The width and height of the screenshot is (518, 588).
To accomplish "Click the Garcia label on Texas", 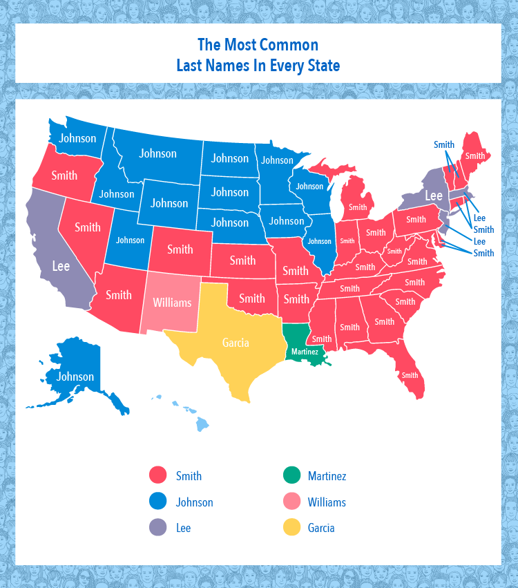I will coord(236,342).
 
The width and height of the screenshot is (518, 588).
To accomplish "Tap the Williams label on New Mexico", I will coord(172,302).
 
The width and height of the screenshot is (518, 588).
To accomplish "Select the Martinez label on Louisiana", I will coord(305,352).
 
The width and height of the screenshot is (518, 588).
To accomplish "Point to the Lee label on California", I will coord(61,266).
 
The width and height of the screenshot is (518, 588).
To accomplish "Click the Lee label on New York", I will coord(433,196).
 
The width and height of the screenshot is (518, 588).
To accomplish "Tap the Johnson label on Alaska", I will coord(75,377).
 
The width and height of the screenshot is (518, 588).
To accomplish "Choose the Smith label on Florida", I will coord(410,376).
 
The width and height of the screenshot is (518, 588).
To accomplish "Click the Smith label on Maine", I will coord(474,156).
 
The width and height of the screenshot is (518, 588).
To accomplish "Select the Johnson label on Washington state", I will coord(77,138).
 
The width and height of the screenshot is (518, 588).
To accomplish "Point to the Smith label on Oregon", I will coord(64,176).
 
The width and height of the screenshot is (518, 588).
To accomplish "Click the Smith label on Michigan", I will coord(358,207).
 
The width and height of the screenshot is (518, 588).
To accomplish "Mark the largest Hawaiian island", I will coord(202,424).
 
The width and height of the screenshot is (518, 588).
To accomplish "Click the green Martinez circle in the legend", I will coord(292,475).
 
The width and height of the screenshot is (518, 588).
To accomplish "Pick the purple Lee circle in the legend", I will coord(159,527).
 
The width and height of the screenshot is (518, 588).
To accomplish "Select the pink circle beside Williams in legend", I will coord(292,502).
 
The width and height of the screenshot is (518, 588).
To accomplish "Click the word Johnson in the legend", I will coord(194,502).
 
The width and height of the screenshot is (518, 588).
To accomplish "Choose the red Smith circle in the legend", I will coord(159,475).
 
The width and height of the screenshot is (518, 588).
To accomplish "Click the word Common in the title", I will coord(289,46).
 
